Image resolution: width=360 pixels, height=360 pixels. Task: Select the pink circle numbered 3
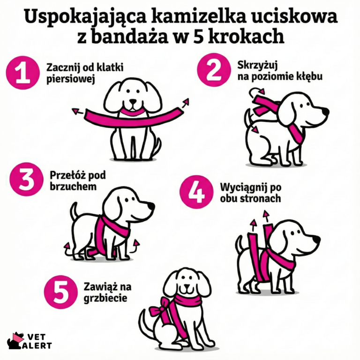pos(26,180)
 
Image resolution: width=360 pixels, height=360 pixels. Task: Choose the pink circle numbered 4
pos(196,192)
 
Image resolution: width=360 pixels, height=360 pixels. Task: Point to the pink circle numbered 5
pos(60,292)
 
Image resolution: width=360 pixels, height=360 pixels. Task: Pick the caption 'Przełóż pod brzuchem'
pos(77,180)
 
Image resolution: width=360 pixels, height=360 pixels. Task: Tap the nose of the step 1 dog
pos(133,101)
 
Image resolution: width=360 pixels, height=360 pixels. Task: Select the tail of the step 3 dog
pos(74,208)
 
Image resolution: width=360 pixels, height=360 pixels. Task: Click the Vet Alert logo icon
pos(15,341)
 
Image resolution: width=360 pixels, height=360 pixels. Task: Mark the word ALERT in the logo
pos(38,345)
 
